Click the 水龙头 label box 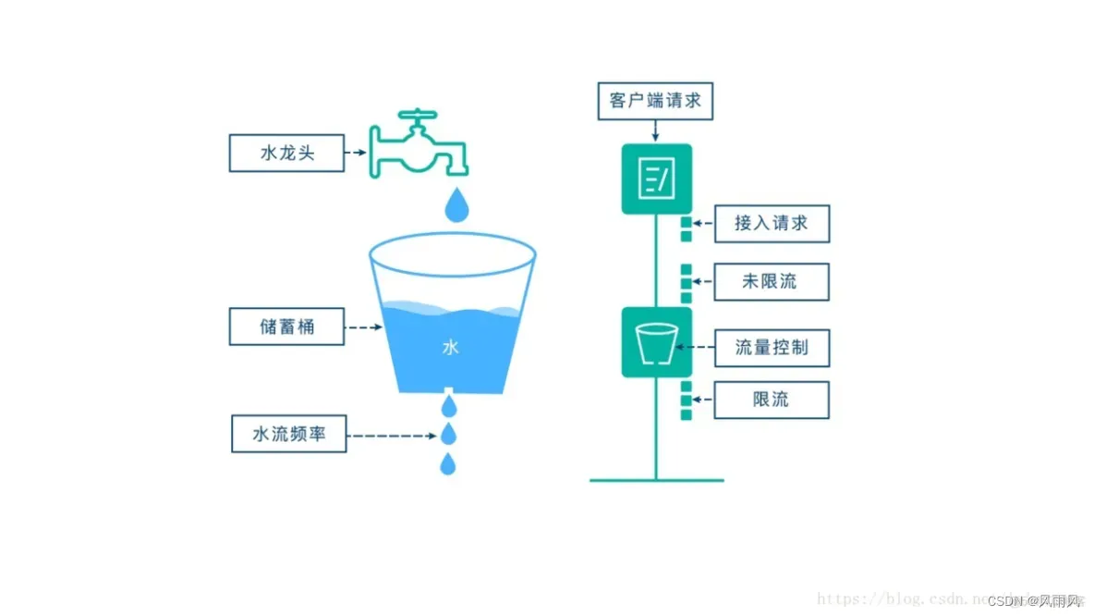(x=286, y=153)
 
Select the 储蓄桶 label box (x=286, y=326)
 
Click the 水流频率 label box (x=288, y=434)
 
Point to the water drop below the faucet (x=456, y=205)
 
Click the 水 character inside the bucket (x=450, y=348)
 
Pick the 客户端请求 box (x=656, y=101)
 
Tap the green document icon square (x=657, y=179)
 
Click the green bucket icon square (x=657, y=342)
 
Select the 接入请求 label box (x=772, y=223)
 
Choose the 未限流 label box (x=772, y=281)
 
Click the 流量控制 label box (x=772, y=348)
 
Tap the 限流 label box (x=772, y=400)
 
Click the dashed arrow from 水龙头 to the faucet (x=357, y=153)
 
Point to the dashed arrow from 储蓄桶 (x=363, y=326)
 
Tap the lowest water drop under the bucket (x=448, y=463)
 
